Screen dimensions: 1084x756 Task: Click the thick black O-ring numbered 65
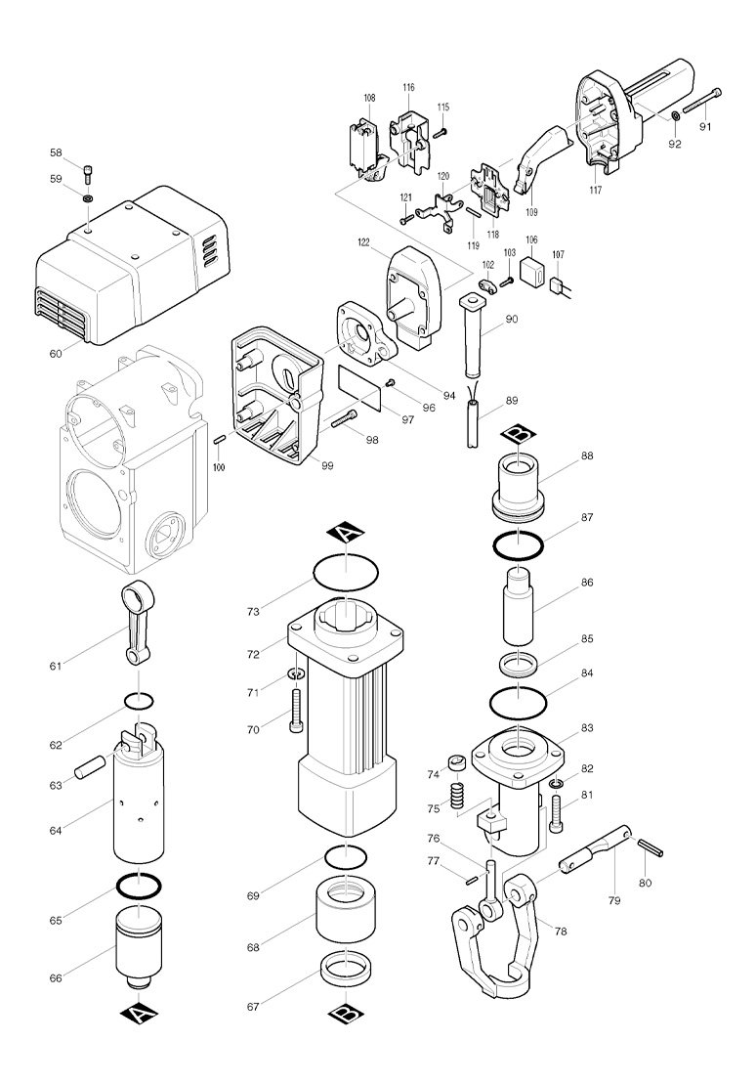click(139, 885)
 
